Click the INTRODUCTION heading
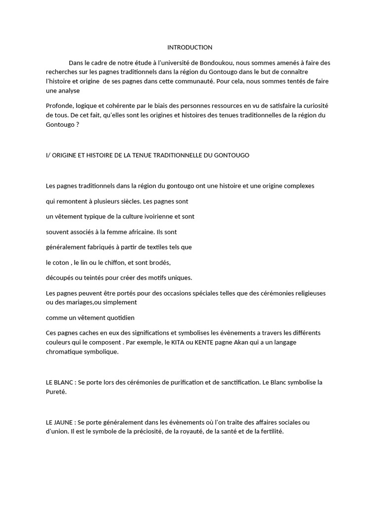pyautogui.click(x=190, y=48)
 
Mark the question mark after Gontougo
pyautogui.click(x=78, y=125)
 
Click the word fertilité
pyautogui.click(x=269, y=431)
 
